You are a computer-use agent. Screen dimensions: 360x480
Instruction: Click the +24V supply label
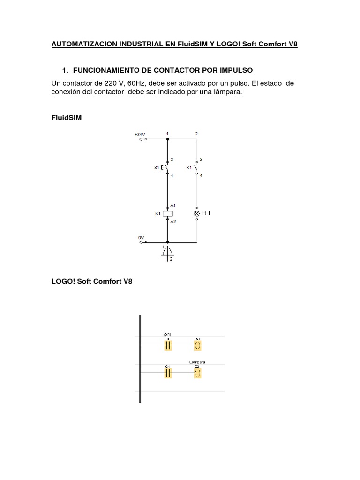[x=140, y=134]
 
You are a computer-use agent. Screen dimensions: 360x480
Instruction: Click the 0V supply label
[x=141, y=238]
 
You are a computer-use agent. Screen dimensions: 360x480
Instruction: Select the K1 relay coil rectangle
[x=168, y=213]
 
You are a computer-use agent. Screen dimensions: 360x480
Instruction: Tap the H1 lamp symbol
[x=196, y=213]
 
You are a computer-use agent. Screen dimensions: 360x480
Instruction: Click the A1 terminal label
[x=173, y=205]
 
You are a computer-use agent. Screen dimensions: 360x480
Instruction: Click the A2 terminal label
[x=173, y=221]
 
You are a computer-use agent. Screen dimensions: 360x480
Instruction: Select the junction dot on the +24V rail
[x=168, y=139]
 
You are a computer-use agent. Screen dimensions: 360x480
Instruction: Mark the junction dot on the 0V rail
[x=168, y=242]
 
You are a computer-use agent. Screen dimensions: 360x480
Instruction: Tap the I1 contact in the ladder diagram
[x=168, y=345]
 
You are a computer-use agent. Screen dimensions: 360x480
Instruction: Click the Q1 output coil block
[x=197, y=345]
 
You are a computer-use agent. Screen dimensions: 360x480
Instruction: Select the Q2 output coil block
[x=197, y=373]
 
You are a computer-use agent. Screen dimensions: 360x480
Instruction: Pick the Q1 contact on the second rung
[x=168, y=373]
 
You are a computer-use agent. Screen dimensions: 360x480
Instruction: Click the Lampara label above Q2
[x=197, y=362]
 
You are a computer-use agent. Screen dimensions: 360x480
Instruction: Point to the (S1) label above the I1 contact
[x=168, y=334]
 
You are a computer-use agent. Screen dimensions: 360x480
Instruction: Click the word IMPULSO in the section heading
[x=235, y=70]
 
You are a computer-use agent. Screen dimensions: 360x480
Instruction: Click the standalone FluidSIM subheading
[x=66, y=118]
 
